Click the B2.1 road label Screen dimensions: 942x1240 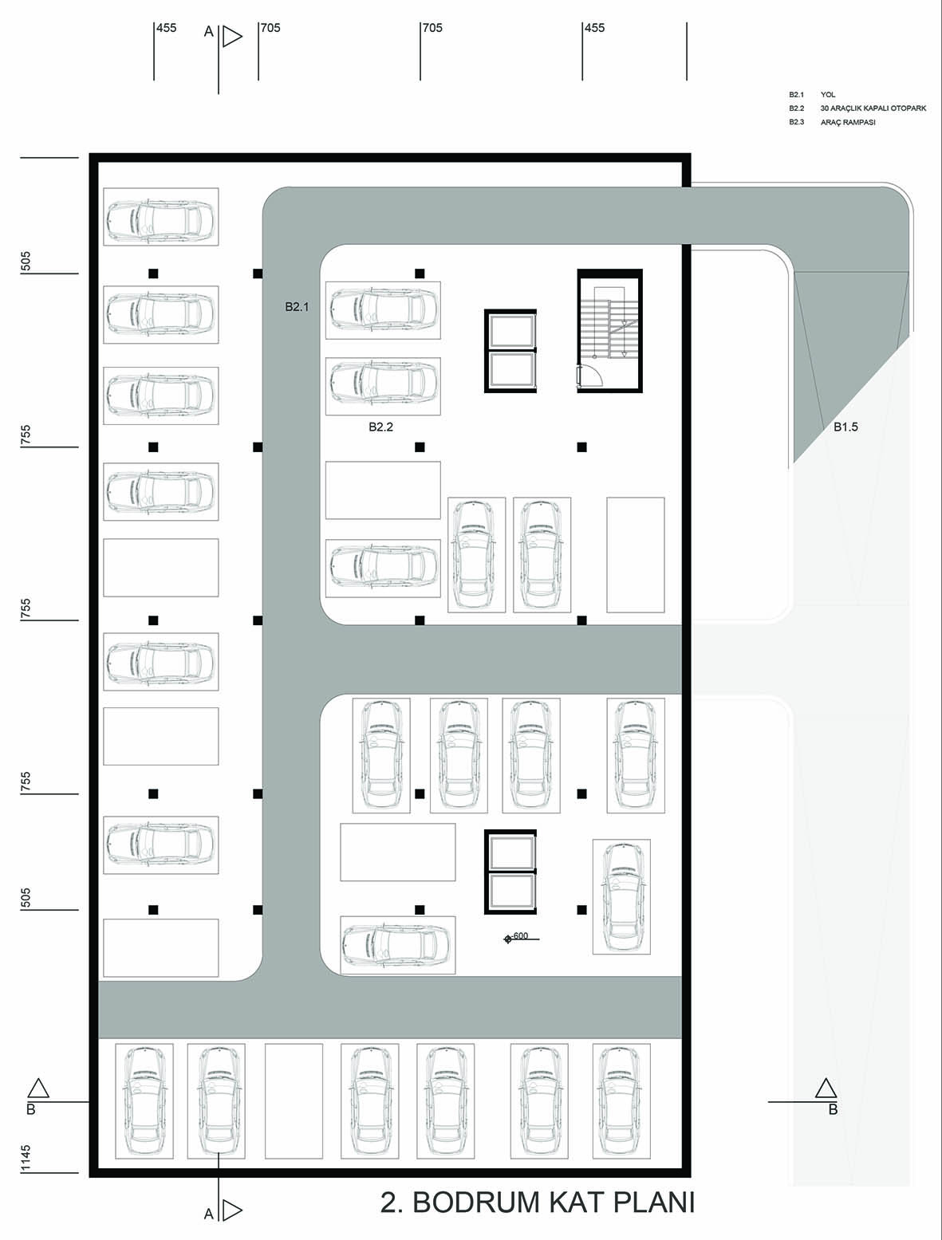[x=297, y=307]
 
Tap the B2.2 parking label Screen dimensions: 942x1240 [x=381, y=427]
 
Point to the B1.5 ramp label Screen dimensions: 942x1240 [x=845, y=427]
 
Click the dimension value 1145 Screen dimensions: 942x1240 [x=26, y=1158]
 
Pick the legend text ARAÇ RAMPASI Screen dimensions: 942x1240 [x=848, y=122]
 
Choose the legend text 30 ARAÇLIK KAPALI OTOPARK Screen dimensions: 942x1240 [x=873, y=108]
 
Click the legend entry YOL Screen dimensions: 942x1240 [x=828, y=94]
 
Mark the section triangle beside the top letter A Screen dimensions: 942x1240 [x=231, y=37]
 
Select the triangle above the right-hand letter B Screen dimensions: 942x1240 [x=826, y=1088]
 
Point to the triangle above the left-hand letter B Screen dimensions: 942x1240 [x=37, y=1088]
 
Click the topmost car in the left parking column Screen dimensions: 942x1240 [x=160, y=217]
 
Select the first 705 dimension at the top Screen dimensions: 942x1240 [x=270, y=28]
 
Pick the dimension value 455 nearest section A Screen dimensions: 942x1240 [x=166, y=28]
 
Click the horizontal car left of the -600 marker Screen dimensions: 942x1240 [x=397, y=944]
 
